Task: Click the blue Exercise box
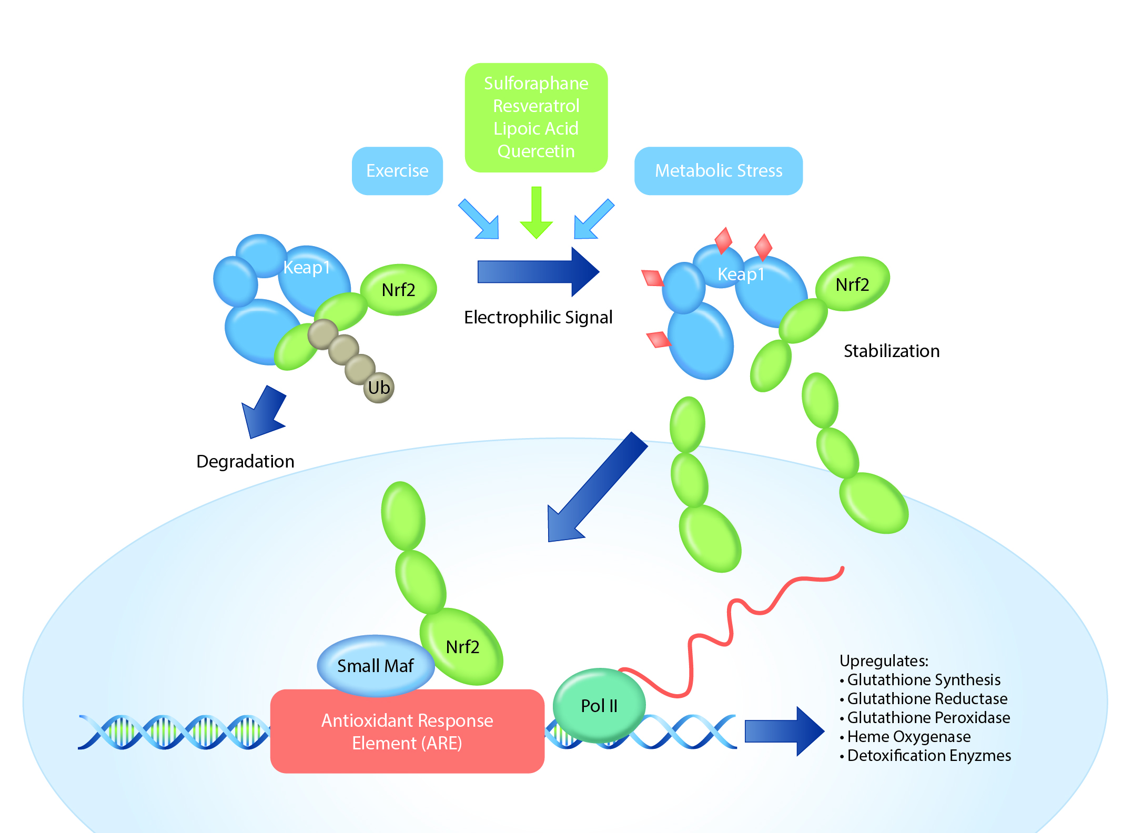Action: pyautogui.click(x=397, y=171)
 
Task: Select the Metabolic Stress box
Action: pyautogui.click(x=718, y=171)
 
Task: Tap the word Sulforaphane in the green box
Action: pyautogui.click(x=536, y=83)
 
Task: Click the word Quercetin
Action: pyautogui.click(x=536, y=151)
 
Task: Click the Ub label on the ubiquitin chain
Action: pyautogui.click(x=379, y=388)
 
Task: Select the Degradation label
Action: pyautogui.click(x=245, y=461)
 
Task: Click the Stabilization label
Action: pyautogui.click(x=891, y=351)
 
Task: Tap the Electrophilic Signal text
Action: pyautogui.click(x=538, y=317)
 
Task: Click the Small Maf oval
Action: pyautogui.click(x=375, y=666)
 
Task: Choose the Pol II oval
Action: pyautogui.click(x=599, y=706)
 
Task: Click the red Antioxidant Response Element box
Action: pyautogui.click(x=407, y=732)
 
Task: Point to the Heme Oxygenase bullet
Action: pyautogui.click(x=908, y=737)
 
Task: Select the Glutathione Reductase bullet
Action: pyautogui.click(x=927, y=699)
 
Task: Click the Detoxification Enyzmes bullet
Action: pyautogui.click(x=928, y=756)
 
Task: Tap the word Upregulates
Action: pyautogui.click(x=884, y=661)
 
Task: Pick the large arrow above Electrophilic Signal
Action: pyautogui.click(x=538, y=272)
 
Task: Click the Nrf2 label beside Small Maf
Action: pyautogui.click(x=462, y=647)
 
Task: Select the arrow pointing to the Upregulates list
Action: pyautogui.click(x=784, y=731)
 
